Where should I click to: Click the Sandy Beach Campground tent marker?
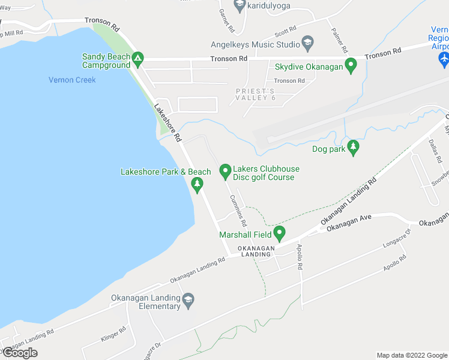[x=138, y=59]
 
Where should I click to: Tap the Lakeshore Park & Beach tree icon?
[x=196, y=187]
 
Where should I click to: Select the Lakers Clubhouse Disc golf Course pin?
[x=226, y=172]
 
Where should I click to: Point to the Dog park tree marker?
[x=353, y=148]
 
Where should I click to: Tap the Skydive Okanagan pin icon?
[x=354, y=66]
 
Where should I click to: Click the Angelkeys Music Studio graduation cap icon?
[x=308, y=43]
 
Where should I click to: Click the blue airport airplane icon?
[x=444, y=59]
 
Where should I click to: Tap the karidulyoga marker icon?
[x=240, y=5]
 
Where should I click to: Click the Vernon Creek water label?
[x=72, y=80]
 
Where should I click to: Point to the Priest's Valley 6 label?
[x=255, y=94]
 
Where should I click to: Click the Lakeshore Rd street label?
[x=167, y=123]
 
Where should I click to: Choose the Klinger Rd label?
[x=113, y=334]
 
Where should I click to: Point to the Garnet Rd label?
[x=226, y=20]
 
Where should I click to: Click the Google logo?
[x=20, y=353]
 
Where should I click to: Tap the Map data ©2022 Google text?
[x=411, y=355]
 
